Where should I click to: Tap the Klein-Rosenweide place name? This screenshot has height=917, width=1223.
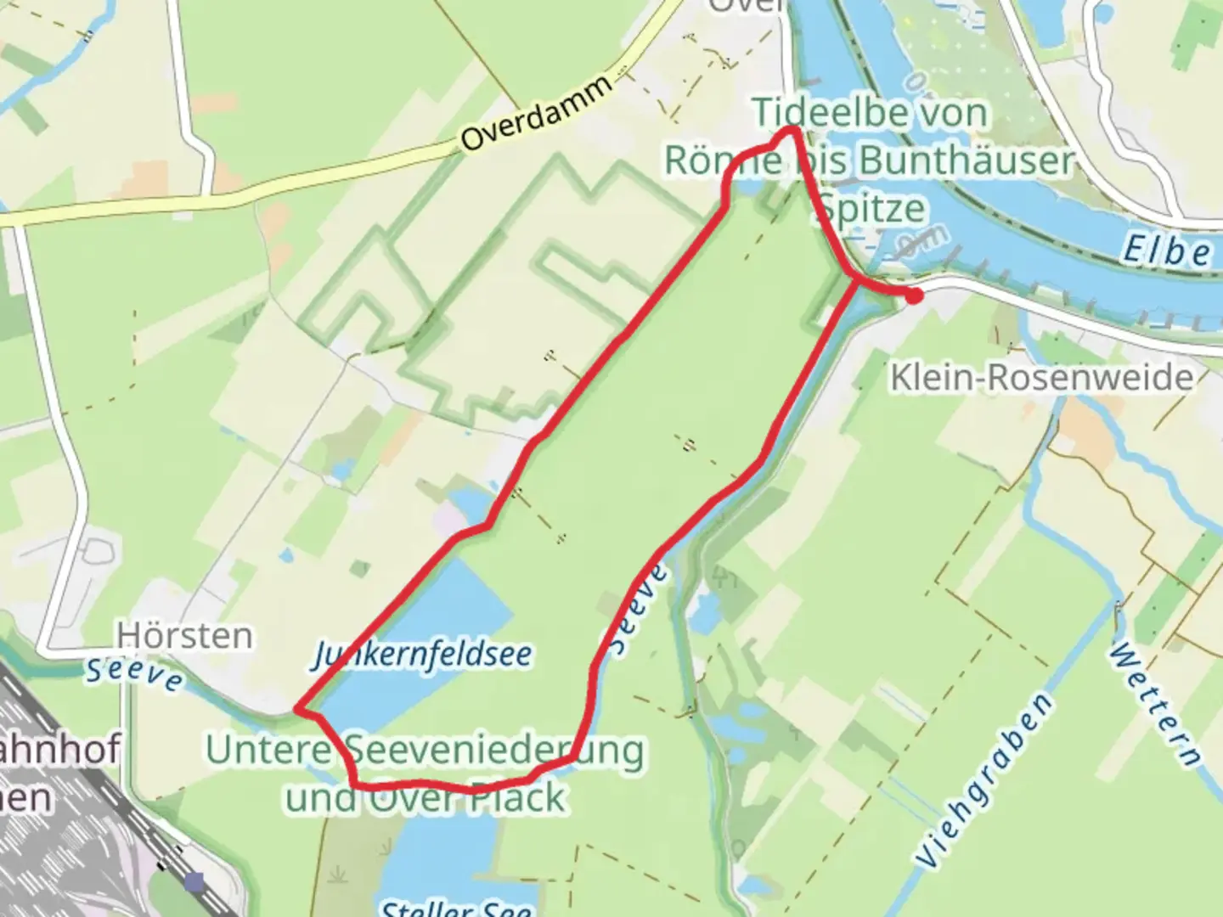[1041, 377]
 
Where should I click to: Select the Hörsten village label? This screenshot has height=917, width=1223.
[184, 636]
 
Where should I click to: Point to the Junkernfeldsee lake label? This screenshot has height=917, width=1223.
[422, 655]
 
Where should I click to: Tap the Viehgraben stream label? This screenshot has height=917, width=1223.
[986, 779]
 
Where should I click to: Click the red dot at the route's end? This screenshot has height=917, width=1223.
[914, 296]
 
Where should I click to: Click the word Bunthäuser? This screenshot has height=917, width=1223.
[967, 160]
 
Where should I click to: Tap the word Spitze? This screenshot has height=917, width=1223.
[872, 208]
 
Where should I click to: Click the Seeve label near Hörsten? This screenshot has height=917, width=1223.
[135, 674]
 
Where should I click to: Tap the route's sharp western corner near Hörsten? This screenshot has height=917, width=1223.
[296, 707]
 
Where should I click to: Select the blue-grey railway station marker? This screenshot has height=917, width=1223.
[194, 882]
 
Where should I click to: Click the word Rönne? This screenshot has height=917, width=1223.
[723, 160]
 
